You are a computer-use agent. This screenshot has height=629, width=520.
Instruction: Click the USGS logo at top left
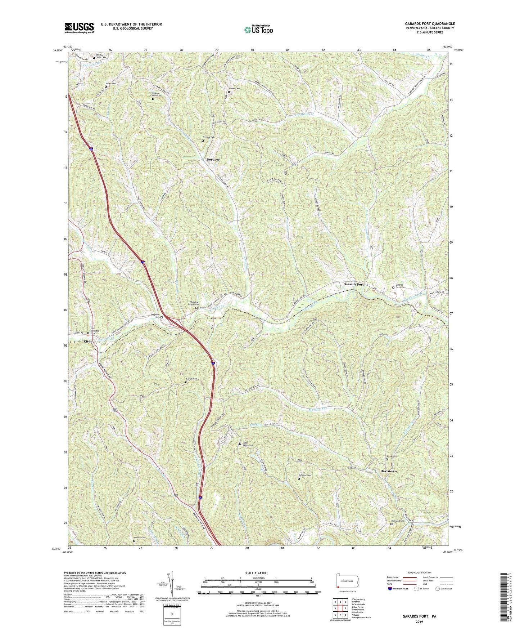(79, 27)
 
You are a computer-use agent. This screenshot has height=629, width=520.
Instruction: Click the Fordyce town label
(213, 159)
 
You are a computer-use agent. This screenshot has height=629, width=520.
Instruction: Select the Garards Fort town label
(353, 284)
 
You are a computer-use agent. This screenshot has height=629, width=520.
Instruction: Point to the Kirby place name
(87, 341)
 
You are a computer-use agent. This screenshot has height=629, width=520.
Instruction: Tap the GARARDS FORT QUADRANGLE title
(430, 24)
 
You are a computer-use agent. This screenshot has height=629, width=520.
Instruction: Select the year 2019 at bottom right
(419, 621)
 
